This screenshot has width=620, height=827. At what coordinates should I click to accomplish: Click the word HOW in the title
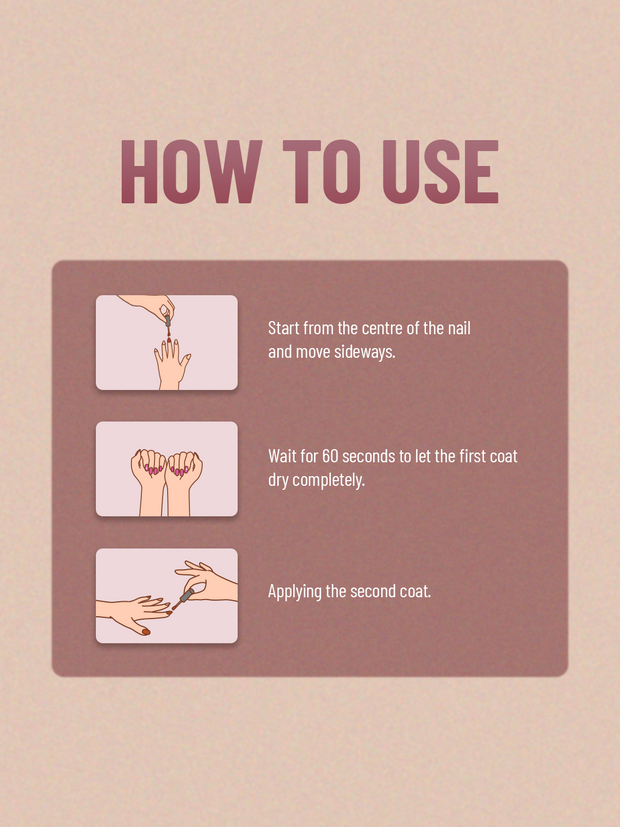point(192,171)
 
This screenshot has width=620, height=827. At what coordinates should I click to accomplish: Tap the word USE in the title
point(440,171)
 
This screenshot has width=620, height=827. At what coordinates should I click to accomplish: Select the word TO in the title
point(322,171)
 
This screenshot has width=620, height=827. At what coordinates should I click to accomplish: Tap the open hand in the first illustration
point(172,365)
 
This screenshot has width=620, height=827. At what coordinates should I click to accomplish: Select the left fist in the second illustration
point(149,477)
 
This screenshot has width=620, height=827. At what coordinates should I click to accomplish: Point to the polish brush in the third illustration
point(182,600)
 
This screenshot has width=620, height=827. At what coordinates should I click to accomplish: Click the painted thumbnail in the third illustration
point(146,631)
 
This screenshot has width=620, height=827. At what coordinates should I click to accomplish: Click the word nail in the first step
point(459,328)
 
